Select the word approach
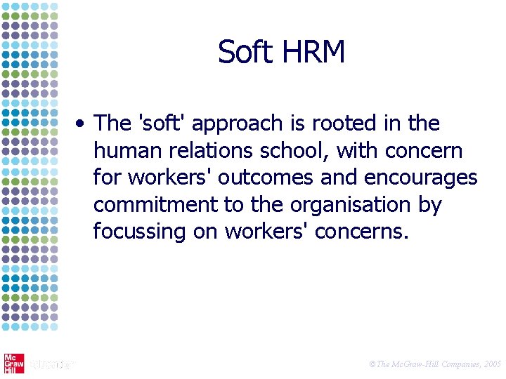(236, 124)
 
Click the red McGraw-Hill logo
(13, 364)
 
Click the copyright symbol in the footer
(372, 364)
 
